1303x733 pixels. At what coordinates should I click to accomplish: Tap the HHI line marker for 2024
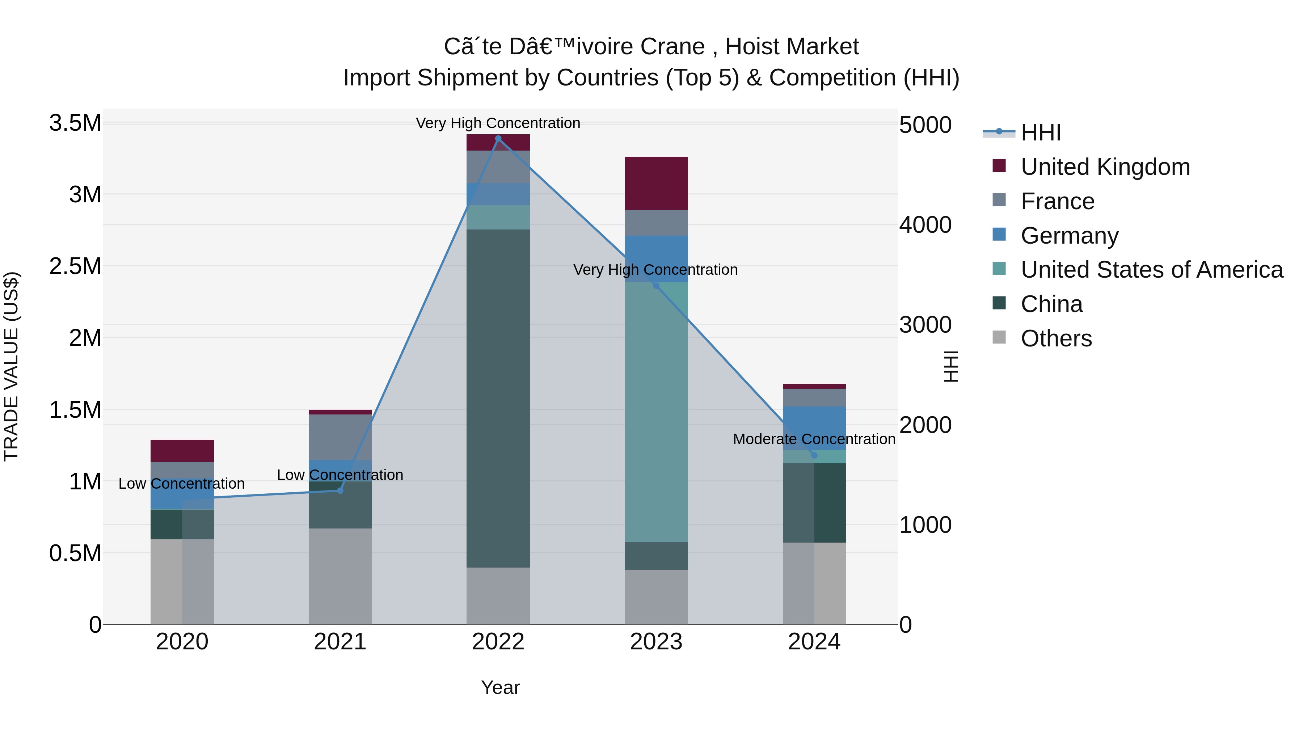tap(814, 455)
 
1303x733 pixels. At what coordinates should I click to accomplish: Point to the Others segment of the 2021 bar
tap(340, 576)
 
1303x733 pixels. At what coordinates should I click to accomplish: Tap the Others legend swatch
tap(999, 337)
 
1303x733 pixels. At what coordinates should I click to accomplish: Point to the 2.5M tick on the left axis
tap(75, 266)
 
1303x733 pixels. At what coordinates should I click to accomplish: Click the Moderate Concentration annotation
tap(814, 439)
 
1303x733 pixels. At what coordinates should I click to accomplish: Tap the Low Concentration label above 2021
tap(340, 475)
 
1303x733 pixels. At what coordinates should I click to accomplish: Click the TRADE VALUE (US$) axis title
tap(11, 366)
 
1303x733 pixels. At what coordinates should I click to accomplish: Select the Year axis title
tap(500, 687)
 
